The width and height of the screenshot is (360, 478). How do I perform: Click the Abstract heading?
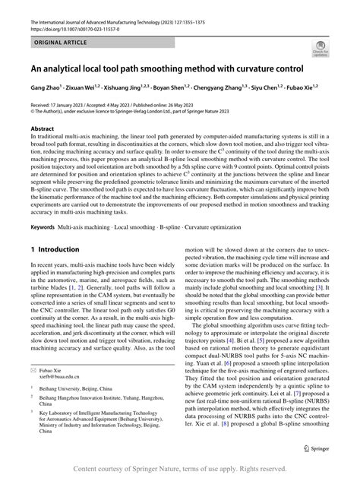(42, 128)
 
